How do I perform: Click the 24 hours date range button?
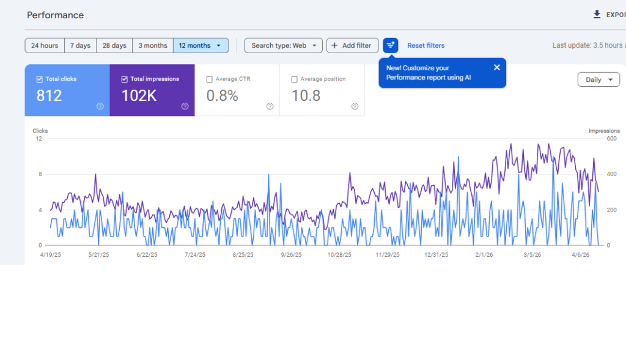coord(45,45)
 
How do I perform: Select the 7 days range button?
coord(80,45)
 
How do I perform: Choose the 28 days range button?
coord(114,45)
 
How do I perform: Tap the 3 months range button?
coord(153,45)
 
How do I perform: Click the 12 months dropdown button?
coord(201,45)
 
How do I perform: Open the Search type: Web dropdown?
coord(283,45)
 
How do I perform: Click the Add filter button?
coord(352,45)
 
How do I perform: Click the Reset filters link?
coord(425,45)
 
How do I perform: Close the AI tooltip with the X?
coord(496,67)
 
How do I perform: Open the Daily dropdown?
coord(598,79)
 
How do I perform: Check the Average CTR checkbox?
coord(210,79)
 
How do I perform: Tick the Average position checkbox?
coord(295,79)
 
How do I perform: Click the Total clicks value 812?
coord(49,95)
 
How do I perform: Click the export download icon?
coord(597,15)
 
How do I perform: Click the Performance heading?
coord(55,15)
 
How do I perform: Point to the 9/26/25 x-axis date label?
coord(291,255)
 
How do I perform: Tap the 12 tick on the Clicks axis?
coord(39,139)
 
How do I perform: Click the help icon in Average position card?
coord(355,106)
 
